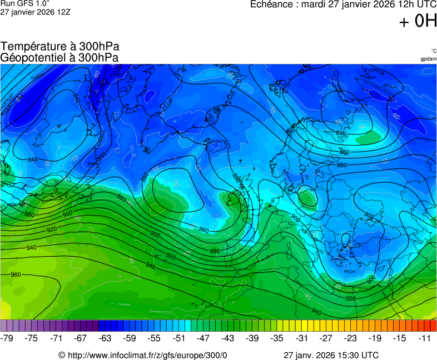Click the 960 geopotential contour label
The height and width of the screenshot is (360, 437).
tap(16, 274)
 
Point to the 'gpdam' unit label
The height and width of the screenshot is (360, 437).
tap(428, 59)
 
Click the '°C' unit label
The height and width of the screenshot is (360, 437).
tap(434, 51)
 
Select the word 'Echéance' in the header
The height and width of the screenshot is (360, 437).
tap(272, 4)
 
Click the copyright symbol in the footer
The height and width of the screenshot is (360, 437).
tap(62, 355)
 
